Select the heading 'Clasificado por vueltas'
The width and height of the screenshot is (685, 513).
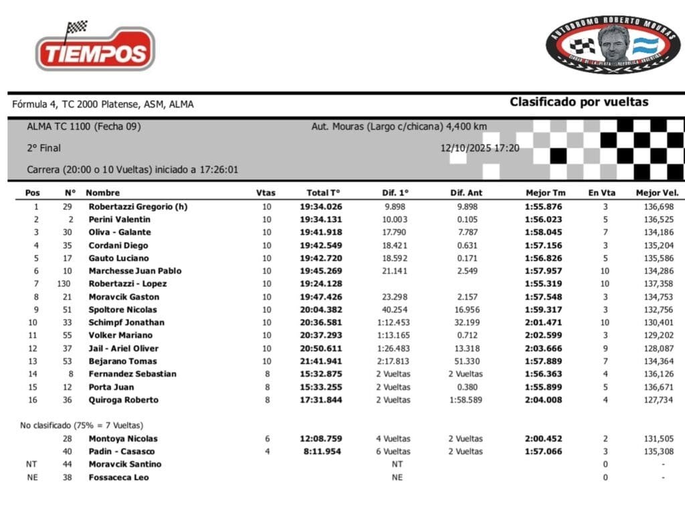click(579, 102)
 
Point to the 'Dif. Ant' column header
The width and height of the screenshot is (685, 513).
click(466, 193)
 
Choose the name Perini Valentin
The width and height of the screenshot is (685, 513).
click(119, 219)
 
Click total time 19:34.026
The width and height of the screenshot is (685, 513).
click(320, 207)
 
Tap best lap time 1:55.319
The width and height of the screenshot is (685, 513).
click(544, 284)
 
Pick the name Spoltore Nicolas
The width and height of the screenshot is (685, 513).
click(122, 310)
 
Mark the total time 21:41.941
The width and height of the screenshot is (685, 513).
click(320, 361)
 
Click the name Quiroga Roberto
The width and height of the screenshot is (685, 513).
click(123, 400)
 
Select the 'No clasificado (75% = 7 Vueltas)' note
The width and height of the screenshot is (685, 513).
click(81, 425)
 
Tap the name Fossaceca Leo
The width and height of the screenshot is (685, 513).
click(118, 478)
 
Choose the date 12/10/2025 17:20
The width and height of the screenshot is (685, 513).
click(480, 148)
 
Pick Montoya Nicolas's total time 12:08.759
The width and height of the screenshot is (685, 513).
click(320, 439)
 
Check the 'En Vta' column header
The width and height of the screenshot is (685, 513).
click(602, 193)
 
